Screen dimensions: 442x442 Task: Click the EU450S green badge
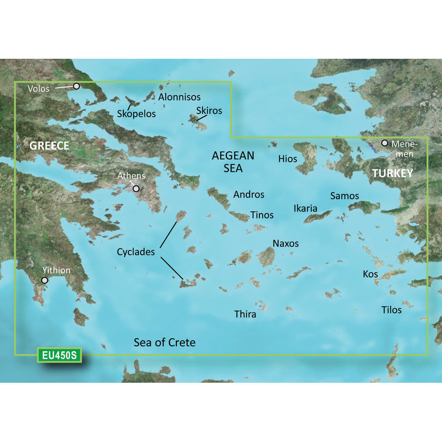[59, 355]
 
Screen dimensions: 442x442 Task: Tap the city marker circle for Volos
[76, 86]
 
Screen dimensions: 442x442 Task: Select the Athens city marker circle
[136, 189]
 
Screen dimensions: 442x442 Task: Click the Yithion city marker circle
[45, 280]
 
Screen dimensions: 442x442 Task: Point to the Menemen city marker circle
[385, 143]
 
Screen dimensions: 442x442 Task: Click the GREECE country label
[49, 145]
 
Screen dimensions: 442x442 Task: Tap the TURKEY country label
[392, 173]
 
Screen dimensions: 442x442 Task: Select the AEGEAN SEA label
[233, 162]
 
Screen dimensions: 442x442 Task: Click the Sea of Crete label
[164, 342]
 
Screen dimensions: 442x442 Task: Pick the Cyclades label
[136, 252]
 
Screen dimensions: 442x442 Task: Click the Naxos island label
[286, 243]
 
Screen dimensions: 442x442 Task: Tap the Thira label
[245, 314]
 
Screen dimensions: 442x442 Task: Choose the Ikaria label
[305, 208]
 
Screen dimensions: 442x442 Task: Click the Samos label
[345, 195]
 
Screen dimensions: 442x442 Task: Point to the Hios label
[288, 159]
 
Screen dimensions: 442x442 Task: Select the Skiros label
[210, 110]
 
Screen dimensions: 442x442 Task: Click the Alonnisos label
[179, 97]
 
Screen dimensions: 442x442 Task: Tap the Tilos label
[392, 310]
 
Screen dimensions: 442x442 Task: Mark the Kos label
[370, 274]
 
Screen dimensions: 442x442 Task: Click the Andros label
[249, 194]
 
